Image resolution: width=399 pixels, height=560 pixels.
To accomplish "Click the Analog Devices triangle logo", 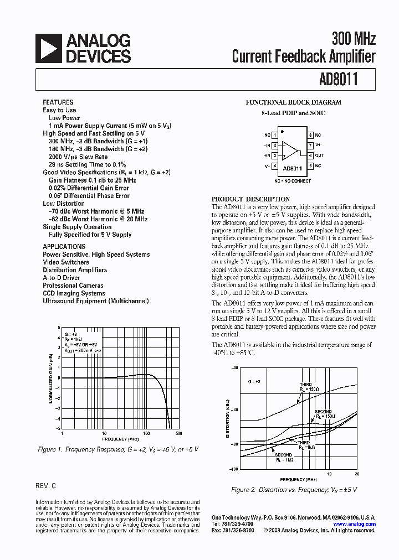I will (x=48, y=48).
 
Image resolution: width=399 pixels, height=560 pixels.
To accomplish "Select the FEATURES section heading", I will (x=58, y=102).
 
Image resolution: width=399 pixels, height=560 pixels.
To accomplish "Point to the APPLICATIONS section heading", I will (x=64, y=247).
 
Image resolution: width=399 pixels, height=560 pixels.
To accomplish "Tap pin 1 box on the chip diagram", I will (x=275, y=135).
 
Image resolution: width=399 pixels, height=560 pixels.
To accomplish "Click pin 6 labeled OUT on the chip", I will (x=311, y=155).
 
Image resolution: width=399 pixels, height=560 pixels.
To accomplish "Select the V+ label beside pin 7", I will (x=318, y=145).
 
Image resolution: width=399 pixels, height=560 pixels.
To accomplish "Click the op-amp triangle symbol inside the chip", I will (x=289, y=150).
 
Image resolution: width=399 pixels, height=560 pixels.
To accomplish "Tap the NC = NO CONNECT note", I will (x=293, y=181).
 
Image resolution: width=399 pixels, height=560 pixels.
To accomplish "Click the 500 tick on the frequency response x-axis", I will (x=180, y=433).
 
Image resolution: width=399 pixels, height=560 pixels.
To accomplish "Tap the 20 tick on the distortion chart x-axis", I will (x=357, y=474).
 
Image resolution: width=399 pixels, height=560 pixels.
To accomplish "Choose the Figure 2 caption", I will (x=294, y=490).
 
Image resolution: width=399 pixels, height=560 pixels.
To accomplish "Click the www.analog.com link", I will (x=355, y=523).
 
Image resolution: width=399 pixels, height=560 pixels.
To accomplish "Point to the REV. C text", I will (x=46, y=485).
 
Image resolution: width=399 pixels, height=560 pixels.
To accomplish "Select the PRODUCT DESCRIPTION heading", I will (x=250, y=199).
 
